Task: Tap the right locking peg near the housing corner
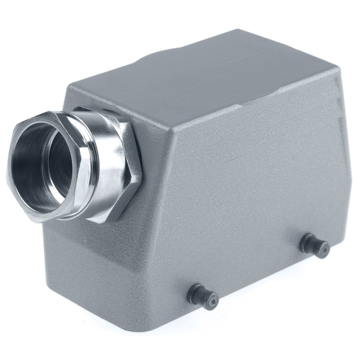[315, 246]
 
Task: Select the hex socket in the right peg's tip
[322, 248]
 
